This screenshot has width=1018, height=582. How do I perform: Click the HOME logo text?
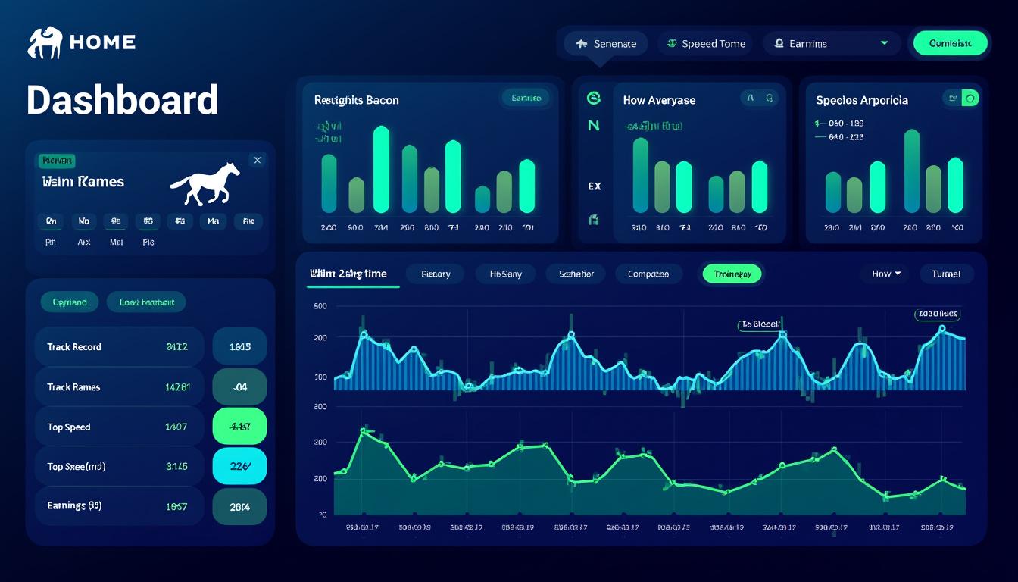pyautogui.click(x=101, y=42)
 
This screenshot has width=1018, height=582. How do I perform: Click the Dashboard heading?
pyautogui.click(x=122, y=100)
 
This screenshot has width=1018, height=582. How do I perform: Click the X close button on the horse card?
pyautogui.click(x=258, y=160)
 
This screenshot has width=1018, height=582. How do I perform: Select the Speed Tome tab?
pyautogui.click(x=705, y=44)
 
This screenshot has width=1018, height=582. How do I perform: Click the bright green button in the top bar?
pyautogui.click(x=951, y=44)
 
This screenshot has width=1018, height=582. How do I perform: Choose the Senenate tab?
pyautogui.click(x=607, y=44)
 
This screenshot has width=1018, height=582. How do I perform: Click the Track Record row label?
pyautogui.click(x=74, y=347)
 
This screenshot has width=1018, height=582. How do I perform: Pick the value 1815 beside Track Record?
pyautogui.click(x=239, y=347)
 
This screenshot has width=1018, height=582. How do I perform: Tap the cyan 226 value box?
pyautogui.click(x=239, y=467)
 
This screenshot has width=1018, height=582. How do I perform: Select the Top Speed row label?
pyautogui.click(x=69, y=427)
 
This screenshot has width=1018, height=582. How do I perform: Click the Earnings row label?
pyautogui.click(x=74, y=505)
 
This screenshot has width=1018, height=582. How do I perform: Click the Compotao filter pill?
pyautogui.click(x=648, y=274)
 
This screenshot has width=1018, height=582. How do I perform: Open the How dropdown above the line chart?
pyautogui.click(x=885, y=274)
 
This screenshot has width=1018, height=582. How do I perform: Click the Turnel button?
pyautogui.click(x=946, y=274)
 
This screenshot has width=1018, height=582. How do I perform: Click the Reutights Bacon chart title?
pyautogui.click(x=356, y=100)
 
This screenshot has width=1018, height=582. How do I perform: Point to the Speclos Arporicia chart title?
pyautogui.click(x=861, y=100)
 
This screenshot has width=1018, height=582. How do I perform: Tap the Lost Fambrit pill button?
pyautogui.click(x=146, y=302)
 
